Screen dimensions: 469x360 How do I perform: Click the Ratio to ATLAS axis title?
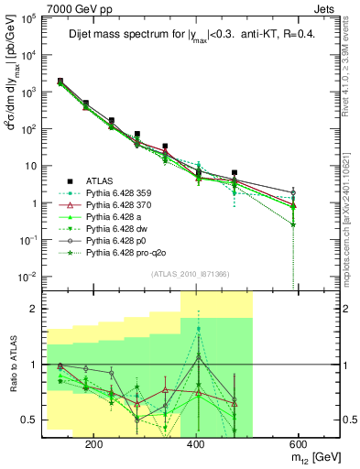pos(13,364)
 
